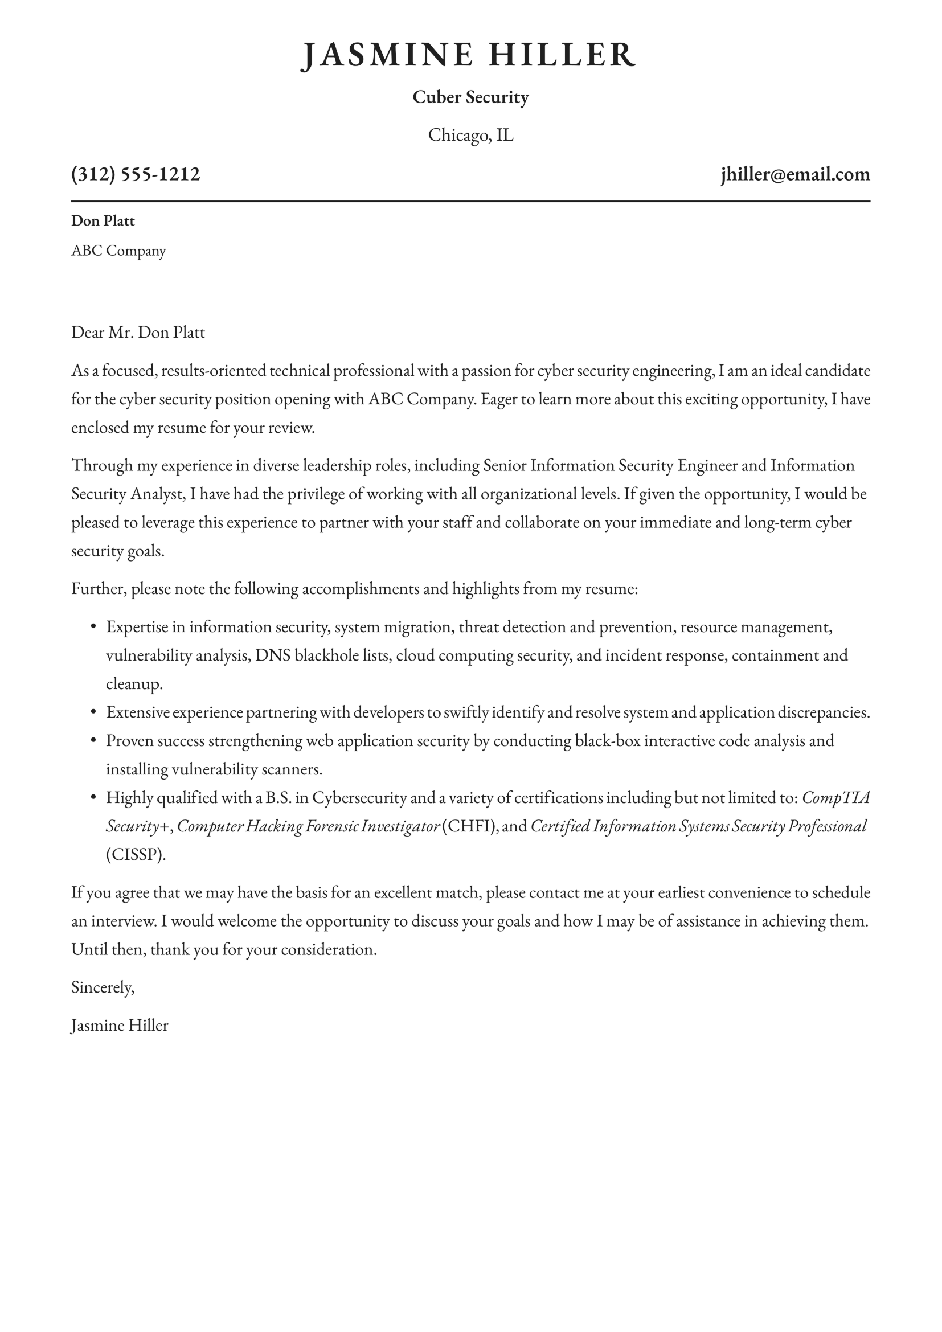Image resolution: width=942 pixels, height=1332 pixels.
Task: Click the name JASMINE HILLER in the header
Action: click(x=469, y=55)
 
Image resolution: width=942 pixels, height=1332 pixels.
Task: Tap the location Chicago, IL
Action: click(x=470, y=134)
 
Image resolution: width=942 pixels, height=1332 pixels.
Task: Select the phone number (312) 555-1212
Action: click(x=136, y=174)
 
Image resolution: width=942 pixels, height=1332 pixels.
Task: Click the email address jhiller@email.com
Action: click(x=795, y=174)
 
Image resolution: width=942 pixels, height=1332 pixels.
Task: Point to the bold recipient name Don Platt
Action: click(x=103, y=221)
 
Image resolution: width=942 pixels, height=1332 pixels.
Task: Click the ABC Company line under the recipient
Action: click(x=118, y=251)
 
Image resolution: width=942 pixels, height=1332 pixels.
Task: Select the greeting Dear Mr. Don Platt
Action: click(x=138, y=333)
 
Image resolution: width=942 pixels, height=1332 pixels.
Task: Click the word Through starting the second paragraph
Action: click(x=101, y=465)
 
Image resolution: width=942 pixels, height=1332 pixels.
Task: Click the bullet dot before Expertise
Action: click(x=93, y=626)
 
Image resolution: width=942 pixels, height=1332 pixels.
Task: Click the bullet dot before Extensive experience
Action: click(x=93, y=712)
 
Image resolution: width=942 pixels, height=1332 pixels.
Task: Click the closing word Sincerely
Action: click(x=103, y=987)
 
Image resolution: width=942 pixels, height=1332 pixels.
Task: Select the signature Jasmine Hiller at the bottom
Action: click(x=120, y=1025)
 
